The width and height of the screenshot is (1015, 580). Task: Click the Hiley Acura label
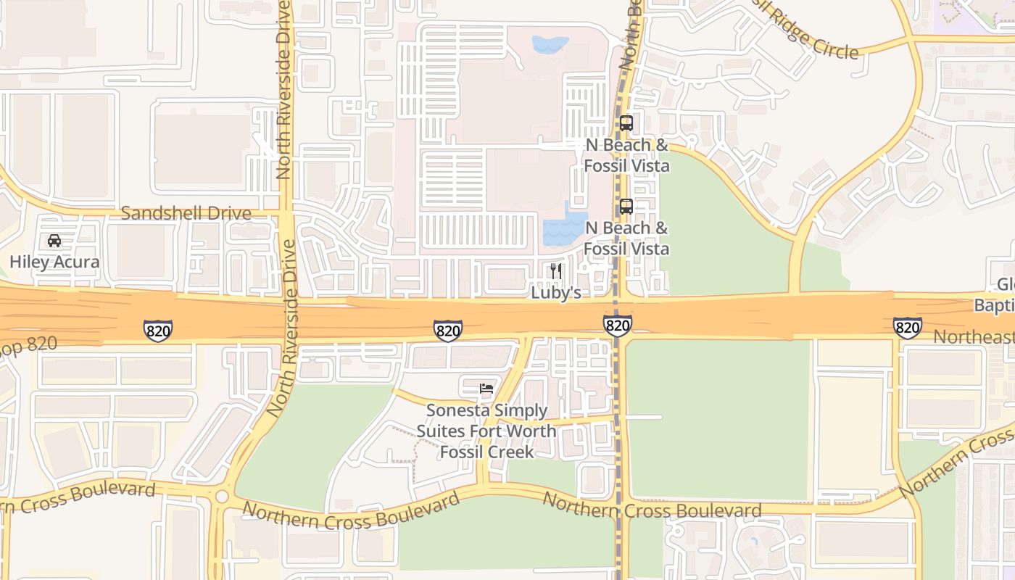(x=54, y=262)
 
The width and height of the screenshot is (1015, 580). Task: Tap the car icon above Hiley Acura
(x=54, y=241)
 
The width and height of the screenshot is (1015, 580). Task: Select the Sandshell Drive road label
(x=186, y=213)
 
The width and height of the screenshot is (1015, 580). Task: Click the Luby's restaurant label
(x=557, y=293)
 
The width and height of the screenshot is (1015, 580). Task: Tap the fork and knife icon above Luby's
(x=556, y=271)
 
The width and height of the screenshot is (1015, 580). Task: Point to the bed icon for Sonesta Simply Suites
(x=486, y=389)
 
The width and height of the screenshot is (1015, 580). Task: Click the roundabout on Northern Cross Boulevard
(x=222, y=497)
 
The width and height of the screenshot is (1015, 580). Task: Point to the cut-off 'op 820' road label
(x=29, y=344)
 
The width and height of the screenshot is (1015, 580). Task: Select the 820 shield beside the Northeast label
(x=907, y=328)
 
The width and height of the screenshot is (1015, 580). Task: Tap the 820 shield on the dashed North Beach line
(x=617, y=326)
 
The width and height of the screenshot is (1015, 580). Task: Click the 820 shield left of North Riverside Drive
(x=157, y=330)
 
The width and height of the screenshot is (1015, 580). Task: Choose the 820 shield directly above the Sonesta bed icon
(x=448, y=331)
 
